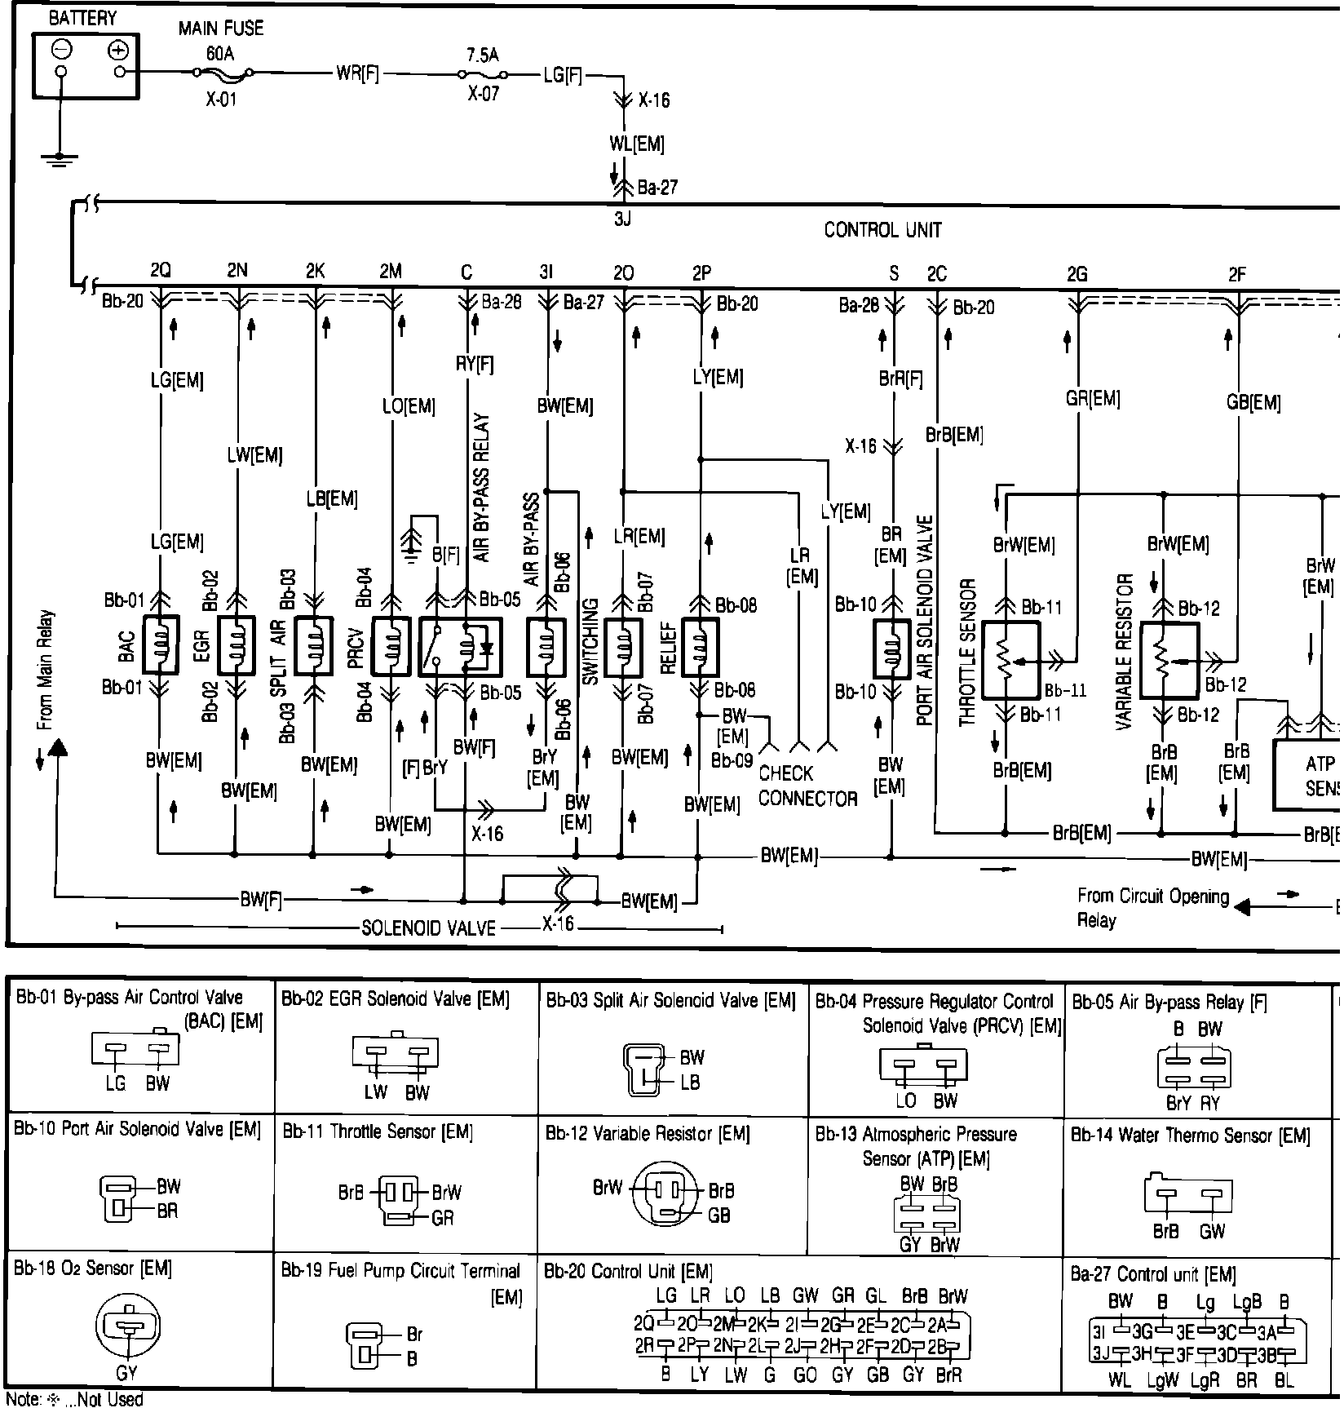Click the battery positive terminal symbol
[x=119, y=51]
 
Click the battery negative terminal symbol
[x=61, y=51]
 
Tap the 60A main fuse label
[x=220, y=54]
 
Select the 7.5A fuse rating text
[x=483, y=55]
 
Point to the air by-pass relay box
[x=460, y=647]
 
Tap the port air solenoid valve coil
[x=891, y=649]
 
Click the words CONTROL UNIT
[x=882, y=230]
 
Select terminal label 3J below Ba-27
[x=622, y=219]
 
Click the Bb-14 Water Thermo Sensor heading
[x=1190, y=1135]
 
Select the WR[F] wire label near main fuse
[x=357, y=73]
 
